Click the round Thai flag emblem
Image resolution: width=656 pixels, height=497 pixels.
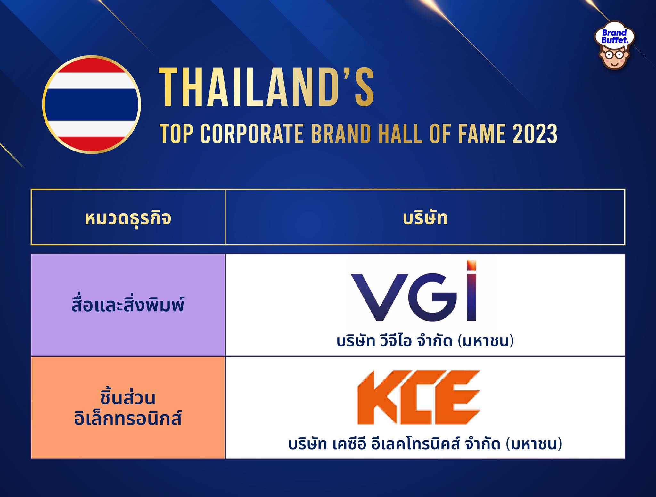pyautogui.click(x=92, y=104)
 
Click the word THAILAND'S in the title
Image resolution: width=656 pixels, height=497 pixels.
pyautogui.click(x=266, y=87)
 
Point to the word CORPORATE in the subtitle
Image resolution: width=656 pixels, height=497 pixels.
pyautogui.click(x=252, y=134)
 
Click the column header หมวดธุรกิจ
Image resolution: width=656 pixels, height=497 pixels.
pyautogui.click(x=128, y=218)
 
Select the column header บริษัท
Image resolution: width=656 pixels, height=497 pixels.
pyautogui.click(x=425, y=218)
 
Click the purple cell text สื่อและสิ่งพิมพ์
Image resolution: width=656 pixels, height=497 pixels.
pyautogui.click(x=128, y=304)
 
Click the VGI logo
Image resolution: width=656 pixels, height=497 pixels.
pyautogui.click(x=414, y=291)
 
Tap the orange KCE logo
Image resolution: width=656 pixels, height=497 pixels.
pyautogui.click(x=418, y=397)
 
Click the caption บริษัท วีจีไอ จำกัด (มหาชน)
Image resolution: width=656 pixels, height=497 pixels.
pyautogui.click(x=425, y=341)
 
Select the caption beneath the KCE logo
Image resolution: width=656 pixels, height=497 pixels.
pyautogui.click(x=425, y=444)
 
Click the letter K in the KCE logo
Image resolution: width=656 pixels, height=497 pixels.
pyautogui.click(x=377, y=397)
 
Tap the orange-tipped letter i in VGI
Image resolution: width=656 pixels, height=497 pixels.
pyautogui.click(x=471, y=291)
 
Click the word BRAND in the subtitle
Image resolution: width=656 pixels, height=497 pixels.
pyautogui.click(x=341, y=134)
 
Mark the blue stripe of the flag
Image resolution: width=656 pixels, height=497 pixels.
pyautogui.click(x=92, y=104)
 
